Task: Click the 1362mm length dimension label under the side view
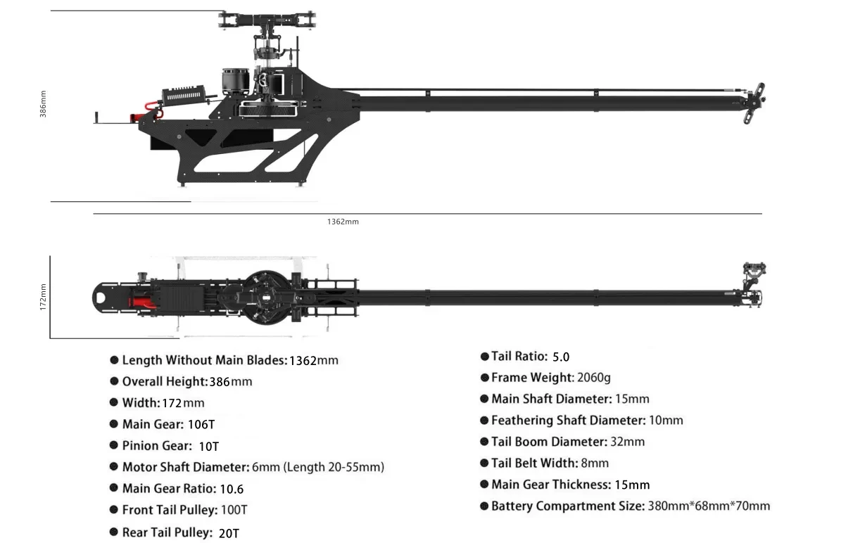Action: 343,222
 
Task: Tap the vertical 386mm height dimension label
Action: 43,104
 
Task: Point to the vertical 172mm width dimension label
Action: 43,297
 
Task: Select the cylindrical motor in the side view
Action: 235,82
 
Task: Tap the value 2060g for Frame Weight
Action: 594,378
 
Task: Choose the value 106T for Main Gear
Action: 201,424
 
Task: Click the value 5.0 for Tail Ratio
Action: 561,357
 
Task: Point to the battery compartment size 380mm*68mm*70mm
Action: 709,506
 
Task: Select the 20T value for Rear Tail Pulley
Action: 229,533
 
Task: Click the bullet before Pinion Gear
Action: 113,445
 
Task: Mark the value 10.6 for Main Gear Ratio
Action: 232,489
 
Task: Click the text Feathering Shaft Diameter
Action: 568,420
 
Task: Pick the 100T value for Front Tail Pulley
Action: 234,510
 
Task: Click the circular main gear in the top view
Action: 267,298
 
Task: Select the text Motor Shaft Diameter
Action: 186,467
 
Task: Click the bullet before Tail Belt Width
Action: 484,463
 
